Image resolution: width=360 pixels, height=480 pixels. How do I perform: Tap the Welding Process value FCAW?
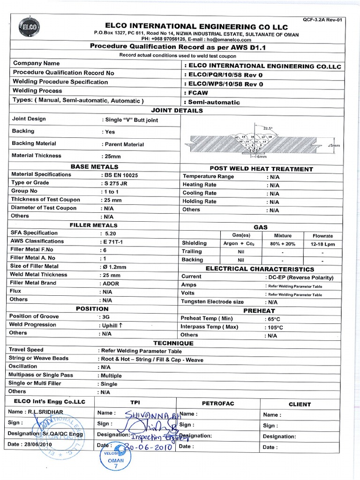pos(196,93)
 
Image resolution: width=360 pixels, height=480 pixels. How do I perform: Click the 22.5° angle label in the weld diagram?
pos(268,127)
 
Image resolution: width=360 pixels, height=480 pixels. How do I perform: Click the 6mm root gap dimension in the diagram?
pos(260,157)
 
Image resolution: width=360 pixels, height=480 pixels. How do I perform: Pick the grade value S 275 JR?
pos(114,183)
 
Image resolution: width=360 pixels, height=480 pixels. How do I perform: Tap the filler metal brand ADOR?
pos(111,284)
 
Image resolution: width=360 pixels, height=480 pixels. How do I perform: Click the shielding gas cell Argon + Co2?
pos(240,243)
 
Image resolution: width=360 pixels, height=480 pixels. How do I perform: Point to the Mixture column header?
pos(283,235)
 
